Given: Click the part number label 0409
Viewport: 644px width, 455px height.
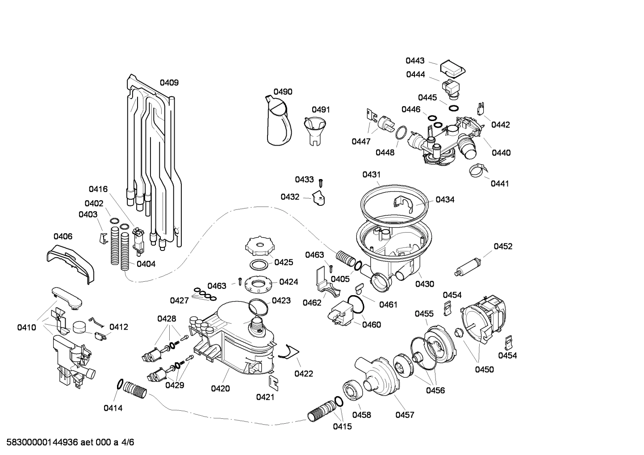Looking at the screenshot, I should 169,83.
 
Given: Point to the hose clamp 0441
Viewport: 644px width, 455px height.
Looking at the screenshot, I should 477,170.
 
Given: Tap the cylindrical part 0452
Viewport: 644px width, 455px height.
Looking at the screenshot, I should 468,266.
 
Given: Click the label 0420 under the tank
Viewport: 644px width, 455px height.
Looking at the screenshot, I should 220,388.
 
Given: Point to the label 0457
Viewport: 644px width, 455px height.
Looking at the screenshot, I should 405,415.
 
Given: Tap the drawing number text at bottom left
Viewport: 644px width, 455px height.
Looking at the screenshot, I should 67,442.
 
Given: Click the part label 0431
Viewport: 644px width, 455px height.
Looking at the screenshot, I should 371,175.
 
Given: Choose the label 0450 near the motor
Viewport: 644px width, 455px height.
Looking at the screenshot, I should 484,369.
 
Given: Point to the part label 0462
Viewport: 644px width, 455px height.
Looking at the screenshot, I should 312,303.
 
